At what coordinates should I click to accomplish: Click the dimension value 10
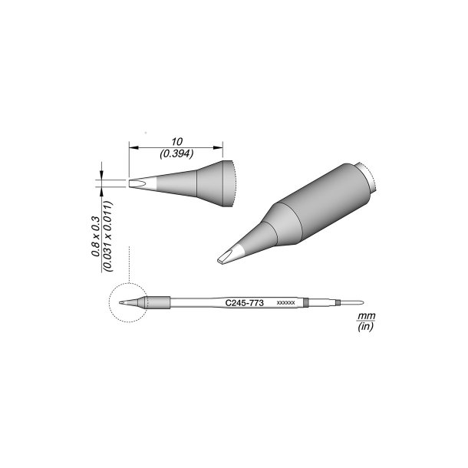point(177,142)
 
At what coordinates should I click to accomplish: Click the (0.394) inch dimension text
point(177,153)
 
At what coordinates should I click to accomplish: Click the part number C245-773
point(245,304)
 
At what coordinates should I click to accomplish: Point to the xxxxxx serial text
point(285,305)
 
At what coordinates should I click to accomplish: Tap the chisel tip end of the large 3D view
point(224,259)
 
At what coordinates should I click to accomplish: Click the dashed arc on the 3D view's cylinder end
point(373,179)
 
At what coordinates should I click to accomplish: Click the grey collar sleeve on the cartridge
point(157,303)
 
